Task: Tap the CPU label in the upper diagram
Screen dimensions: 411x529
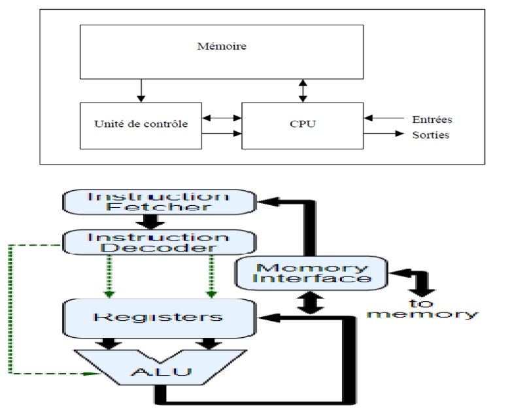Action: point(301,124)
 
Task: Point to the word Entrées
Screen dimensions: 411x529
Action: point(432,120)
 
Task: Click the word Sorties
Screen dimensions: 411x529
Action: point(431,135)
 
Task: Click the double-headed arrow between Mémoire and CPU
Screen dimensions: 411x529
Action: point(302,90)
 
